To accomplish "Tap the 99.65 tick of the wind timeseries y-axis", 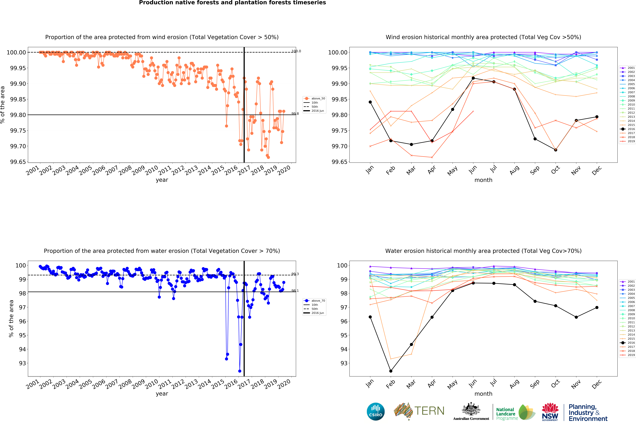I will (18, 162).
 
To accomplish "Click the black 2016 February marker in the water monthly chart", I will (391, 371).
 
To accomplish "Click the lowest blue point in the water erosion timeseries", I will (240, 371).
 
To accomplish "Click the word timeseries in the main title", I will (311, 3).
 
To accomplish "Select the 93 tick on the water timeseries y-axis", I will (22, 363).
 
